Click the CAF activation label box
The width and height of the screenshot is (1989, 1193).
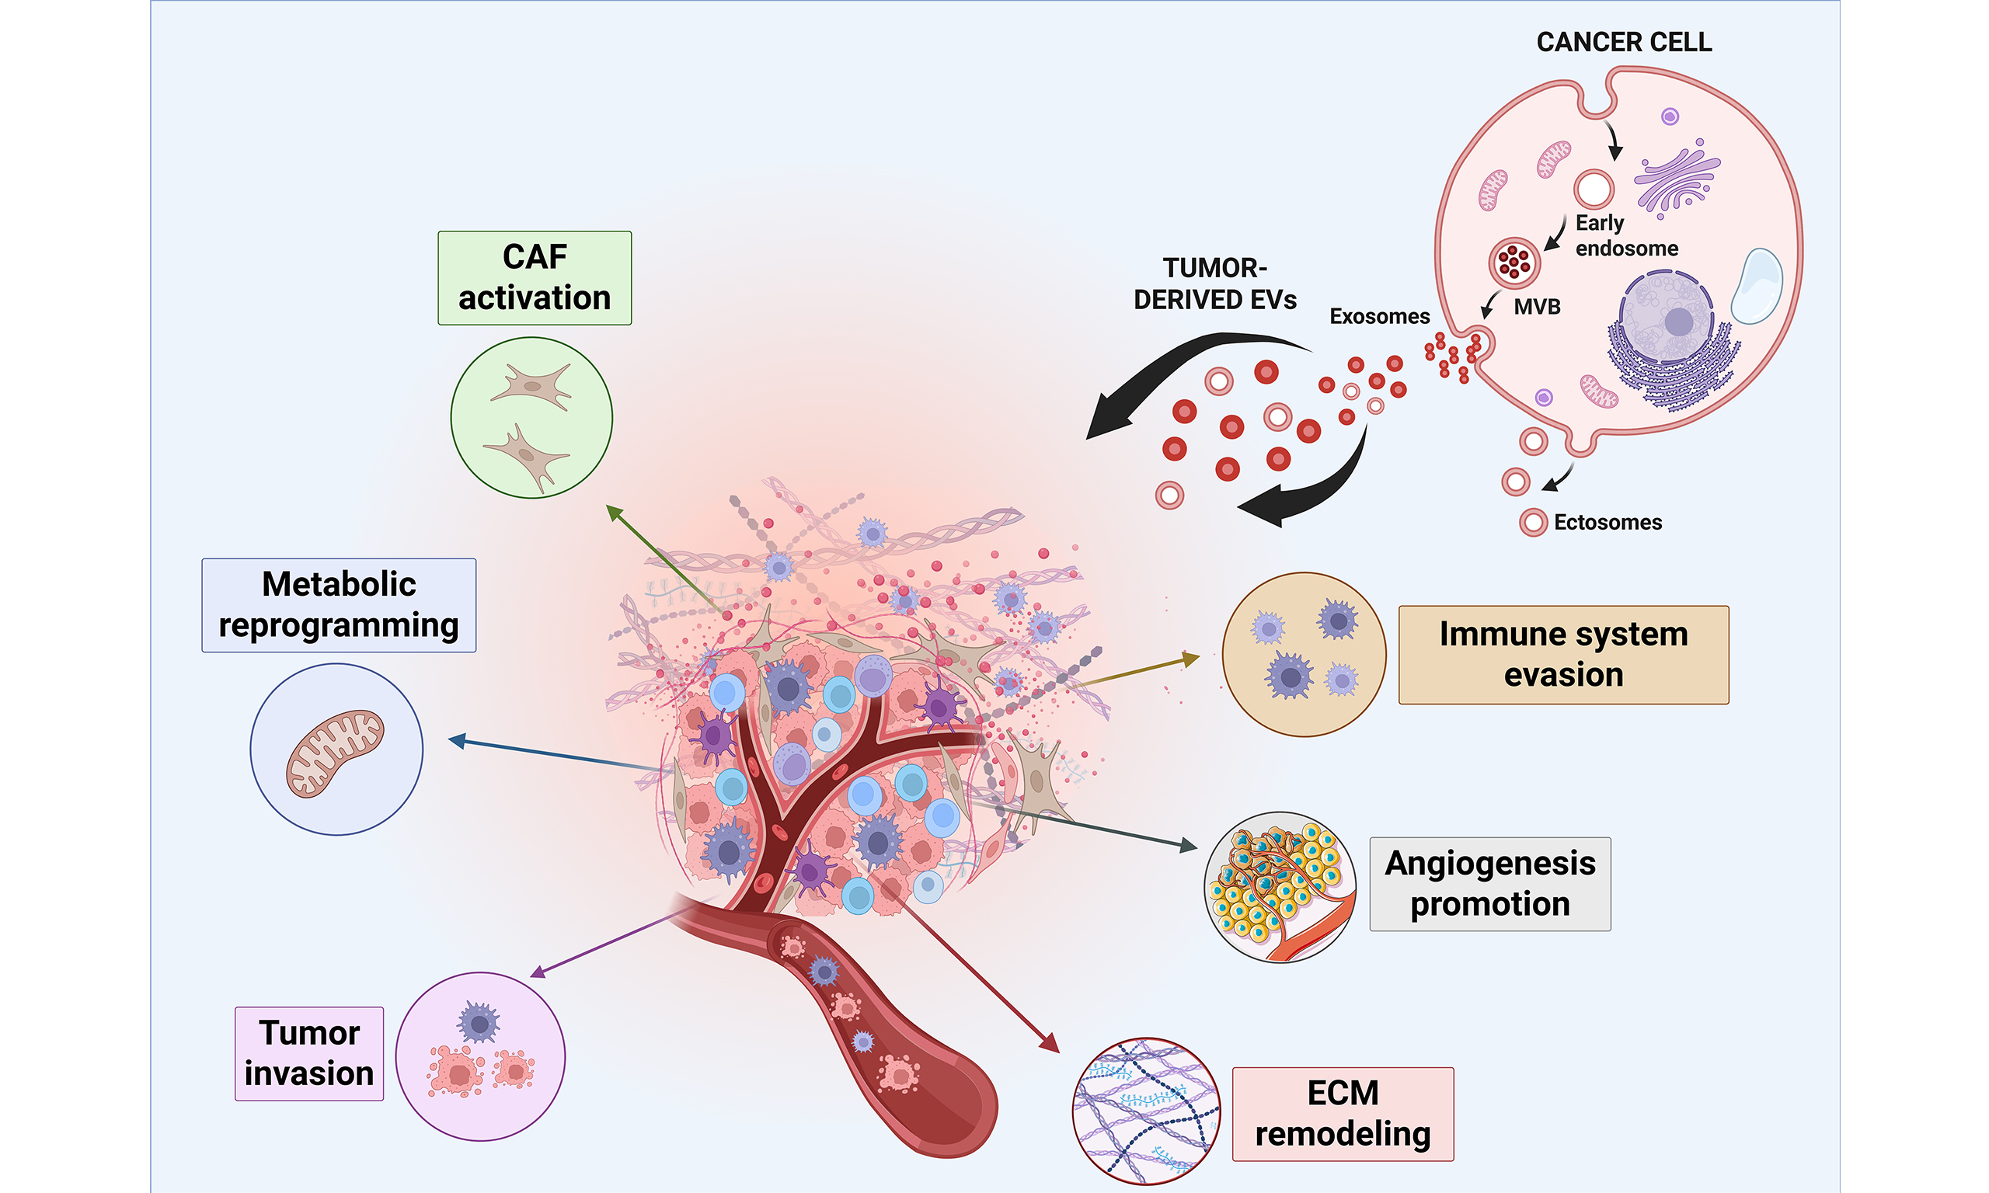(x=535, y=278)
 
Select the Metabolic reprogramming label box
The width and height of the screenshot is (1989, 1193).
(x=339, y=605)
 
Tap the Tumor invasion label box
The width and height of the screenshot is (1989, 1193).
(x=309, y=1053)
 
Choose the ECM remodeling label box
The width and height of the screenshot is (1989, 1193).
(x=1343, y=1115)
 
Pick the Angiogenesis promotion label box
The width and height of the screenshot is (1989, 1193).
(x=1489, y=885)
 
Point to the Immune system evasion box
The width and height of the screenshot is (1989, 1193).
(x=1563, y=656)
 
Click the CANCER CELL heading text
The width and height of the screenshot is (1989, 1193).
(x=1624, y=43)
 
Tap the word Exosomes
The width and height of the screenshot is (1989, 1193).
(x=1380, y=317)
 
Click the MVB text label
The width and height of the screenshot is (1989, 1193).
(x=1536, y=307)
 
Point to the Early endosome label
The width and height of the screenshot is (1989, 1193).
(x=1625, y=235)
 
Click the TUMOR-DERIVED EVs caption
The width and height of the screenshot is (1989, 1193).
(x=1215, y=283)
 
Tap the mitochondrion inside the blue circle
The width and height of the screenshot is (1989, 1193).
(x=335, y=753)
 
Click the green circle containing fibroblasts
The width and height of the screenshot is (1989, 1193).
(x=531, y=418)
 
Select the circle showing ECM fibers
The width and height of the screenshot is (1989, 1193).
(x=1147, y=1111)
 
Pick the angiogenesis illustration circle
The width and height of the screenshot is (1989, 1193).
(x=1280, y=887)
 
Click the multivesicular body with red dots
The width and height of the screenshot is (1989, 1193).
(x=1514, y=263)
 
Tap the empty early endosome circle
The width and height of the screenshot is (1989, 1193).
(x=1594, y=190)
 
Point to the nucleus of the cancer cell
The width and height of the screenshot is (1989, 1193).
(x=1666, y=318)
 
